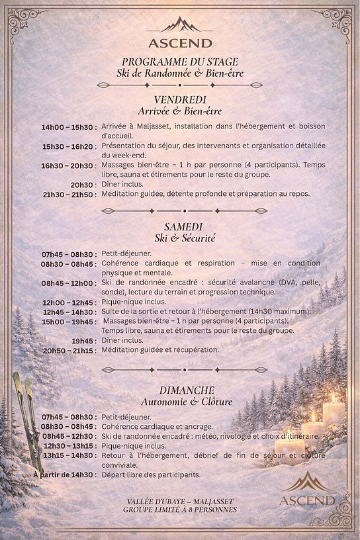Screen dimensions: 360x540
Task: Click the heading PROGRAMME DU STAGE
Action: coord(180,62)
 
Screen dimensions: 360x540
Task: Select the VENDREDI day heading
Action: coord(180,99)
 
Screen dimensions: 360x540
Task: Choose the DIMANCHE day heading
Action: coord(180,390)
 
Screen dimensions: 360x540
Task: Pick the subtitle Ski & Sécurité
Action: coord(180,237)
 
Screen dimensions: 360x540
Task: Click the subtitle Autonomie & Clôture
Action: coord(180,402)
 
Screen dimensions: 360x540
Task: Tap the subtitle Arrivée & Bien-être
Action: coord(180,111)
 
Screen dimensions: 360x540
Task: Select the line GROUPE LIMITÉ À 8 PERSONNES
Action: coord(180,510)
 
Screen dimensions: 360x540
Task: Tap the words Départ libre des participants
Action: coord(151,474)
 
